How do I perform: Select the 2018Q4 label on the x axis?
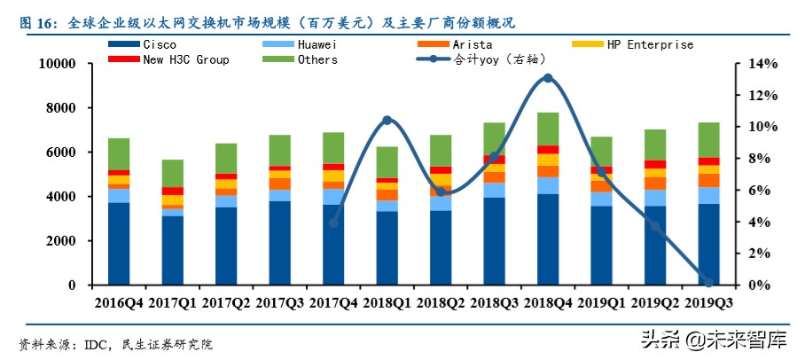point(548,303)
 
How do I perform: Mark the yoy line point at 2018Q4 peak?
point(548,78)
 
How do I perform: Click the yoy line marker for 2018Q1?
point(387,120)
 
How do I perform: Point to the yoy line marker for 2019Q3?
point(708,282)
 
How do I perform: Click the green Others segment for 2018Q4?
point(548,129)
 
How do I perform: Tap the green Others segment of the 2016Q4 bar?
point(120,153)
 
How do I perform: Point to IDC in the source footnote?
point(96,342)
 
